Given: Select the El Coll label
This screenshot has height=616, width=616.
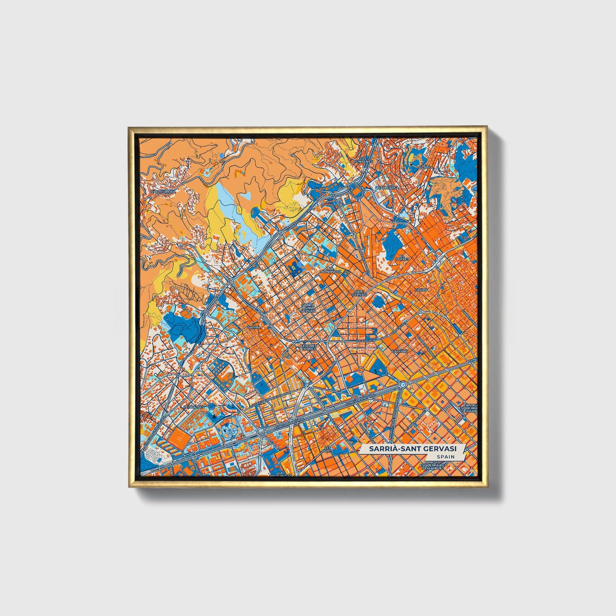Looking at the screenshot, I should coord(426,167).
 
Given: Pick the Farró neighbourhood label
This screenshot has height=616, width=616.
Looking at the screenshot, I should coord(421,290).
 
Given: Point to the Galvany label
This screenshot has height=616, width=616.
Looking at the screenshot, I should coord(400,351).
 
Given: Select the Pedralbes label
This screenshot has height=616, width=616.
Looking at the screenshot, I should coord(194,407).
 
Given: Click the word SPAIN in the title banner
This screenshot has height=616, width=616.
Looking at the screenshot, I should coord(445,457).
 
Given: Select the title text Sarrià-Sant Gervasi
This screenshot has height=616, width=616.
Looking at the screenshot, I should coord(413,449).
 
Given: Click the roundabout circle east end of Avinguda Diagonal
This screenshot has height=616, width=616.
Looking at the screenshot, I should coord(402,385).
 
